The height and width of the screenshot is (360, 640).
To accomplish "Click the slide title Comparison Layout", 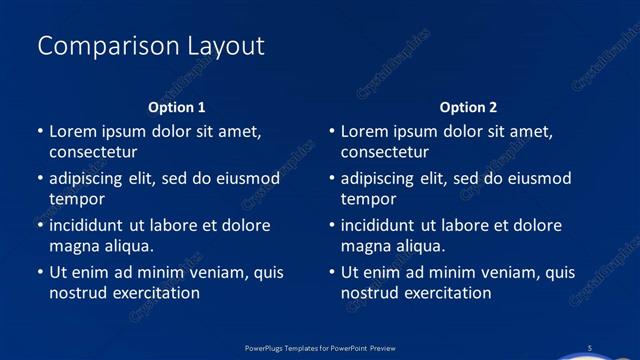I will click(150, 46).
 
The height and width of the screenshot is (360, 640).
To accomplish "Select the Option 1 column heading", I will click(177, 107).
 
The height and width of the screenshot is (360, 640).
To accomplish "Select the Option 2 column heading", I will click(468, 107).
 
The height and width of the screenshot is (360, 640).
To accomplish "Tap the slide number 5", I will click(590, 347).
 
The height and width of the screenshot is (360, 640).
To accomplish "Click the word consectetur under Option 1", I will click(93, 152).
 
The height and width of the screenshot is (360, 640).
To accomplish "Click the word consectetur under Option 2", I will click(385, 152).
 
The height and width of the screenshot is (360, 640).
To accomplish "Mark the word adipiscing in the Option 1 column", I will click(90, 179).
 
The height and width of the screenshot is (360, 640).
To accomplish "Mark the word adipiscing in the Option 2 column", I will click(382, 179).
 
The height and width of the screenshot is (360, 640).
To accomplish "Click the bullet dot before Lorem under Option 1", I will click(40, 131).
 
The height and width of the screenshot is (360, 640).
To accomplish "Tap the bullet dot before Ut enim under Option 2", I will click(332, 272).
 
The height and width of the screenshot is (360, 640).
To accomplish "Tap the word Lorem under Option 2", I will click(365, 131).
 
